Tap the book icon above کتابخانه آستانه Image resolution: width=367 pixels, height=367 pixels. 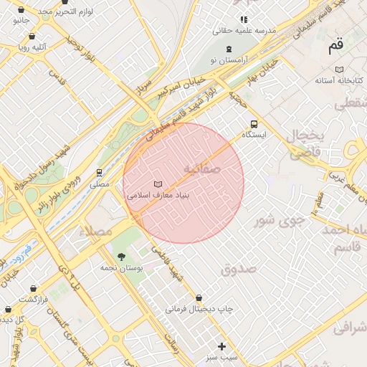coord(339,69)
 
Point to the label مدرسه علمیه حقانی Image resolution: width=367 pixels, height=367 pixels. coord(244,31)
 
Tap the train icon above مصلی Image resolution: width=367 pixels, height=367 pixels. coord(99,173)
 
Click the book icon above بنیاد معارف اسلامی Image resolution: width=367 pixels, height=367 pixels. coord(158,184)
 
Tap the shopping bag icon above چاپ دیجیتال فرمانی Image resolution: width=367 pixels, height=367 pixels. coord(199,297)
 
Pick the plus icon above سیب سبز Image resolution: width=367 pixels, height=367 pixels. coord(221,345)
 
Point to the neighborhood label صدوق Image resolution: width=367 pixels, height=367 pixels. coord(239,269)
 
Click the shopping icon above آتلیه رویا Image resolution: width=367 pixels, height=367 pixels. coord(32,35)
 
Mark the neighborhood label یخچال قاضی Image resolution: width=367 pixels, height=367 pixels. coord(307,143)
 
